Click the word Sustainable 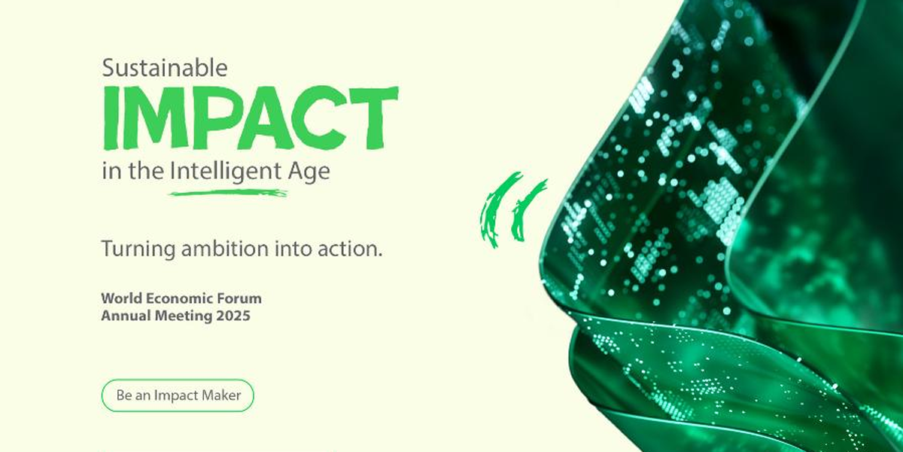[x=165, y=67]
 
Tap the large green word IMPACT [x=251, y=118]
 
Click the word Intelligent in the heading [x=225, y=172]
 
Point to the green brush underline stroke [x=228, y=193]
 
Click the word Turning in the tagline [x=138, y=249]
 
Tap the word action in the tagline [x=349, y=249]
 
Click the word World [x=121, y=298]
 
